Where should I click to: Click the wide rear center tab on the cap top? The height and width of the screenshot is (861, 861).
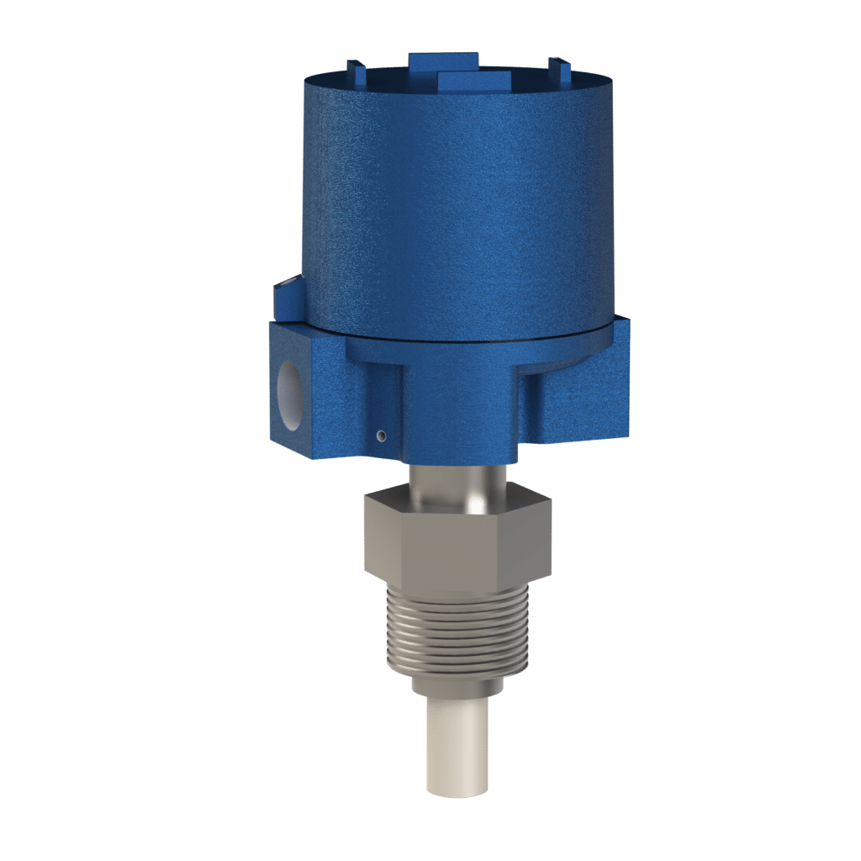coord(443,61)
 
